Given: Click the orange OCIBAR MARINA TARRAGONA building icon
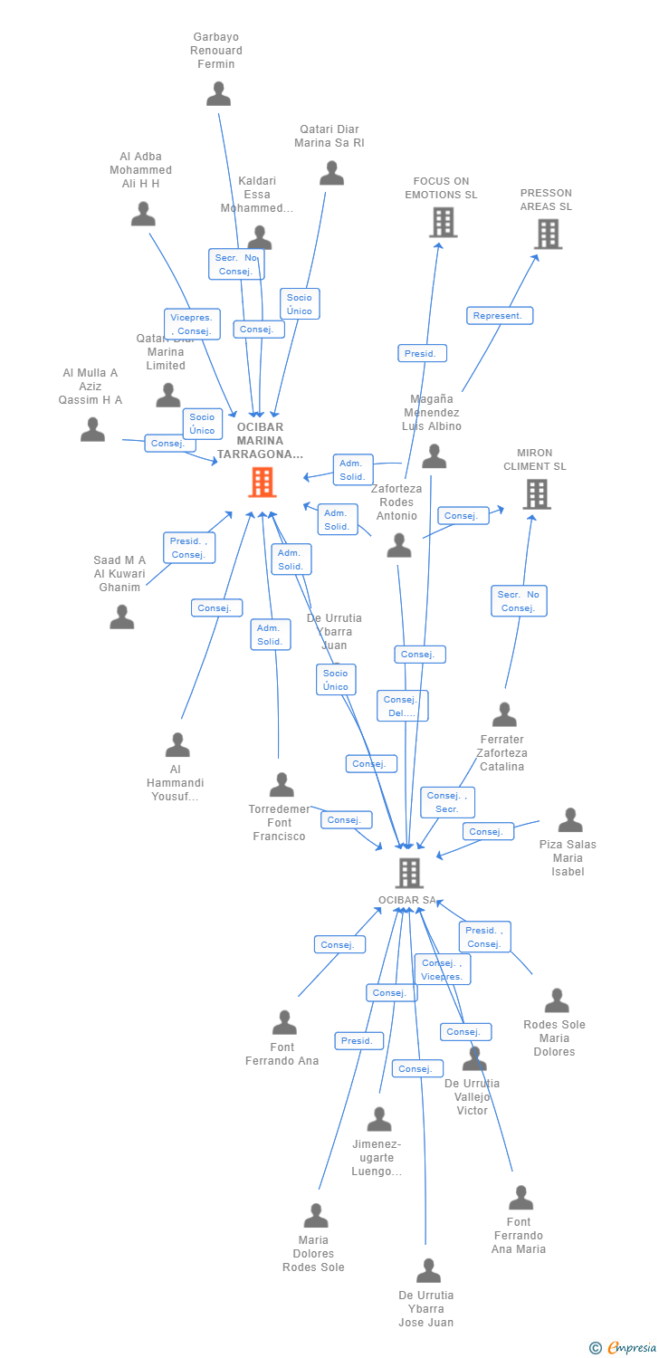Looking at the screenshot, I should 262,483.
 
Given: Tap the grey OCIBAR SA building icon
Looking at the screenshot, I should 409,873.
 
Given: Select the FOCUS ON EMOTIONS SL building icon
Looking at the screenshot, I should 443,222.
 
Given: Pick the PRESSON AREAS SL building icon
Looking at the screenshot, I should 547,234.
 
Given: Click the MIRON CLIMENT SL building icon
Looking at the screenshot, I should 536,494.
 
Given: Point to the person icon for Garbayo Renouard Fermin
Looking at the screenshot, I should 218,94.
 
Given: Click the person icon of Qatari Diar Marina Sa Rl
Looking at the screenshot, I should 331,173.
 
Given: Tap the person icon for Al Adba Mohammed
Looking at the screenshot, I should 143,215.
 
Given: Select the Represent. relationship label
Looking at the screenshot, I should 500,316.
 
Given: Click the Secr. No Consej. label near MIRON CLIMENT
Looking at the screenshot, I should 519,601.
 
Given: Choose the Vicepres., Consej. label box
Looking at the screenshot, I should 192,324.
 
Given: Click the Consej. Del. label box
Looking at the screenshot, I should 402,706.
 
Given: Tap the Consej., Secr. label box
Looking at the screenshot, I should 447,802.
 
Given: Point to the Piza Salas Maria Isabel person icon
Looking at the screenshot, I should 569,820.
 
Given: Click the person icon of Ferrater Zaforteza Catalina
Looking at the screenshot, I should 503,715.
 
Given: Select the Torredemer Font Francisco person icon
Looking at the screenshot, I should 282,785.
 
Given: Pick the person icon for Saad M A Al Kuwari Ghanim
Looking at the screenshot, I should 122,617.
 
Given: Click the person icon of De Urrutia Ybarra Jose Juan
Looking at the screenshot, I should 428,1271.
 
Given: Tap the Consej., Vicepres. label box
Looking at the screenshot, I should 442,970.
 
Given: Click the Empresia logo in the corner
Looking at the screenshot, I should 619,1348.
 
